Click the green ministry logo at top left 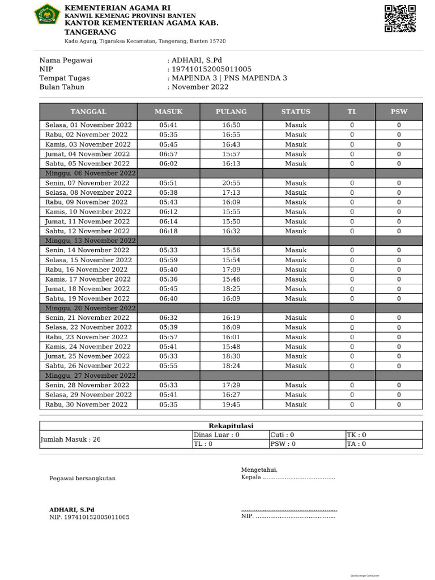click(47, 14)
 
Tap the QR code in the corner click(400, 19)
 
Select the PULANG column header click(231, 112)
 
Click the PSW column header click(399, 112)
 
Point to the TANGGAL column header click(88, 112)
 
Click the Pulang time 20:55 click(231, 183)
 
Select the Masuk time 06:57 click(169, 154)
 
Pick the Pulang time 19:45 click(231, 404)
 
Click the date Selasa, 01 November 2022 click(88, 125)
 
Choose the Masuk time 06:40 click(169, 298)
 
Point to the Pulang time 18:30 click(231, 356)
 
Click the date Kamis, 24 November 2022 click(88, 347)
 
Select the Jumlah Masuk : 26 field click(70, 439)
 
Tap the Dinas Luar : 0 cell click(217, 435)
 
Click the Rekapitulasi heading click(231, 426)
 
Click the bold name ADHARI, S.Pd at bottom click(71, 509)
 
